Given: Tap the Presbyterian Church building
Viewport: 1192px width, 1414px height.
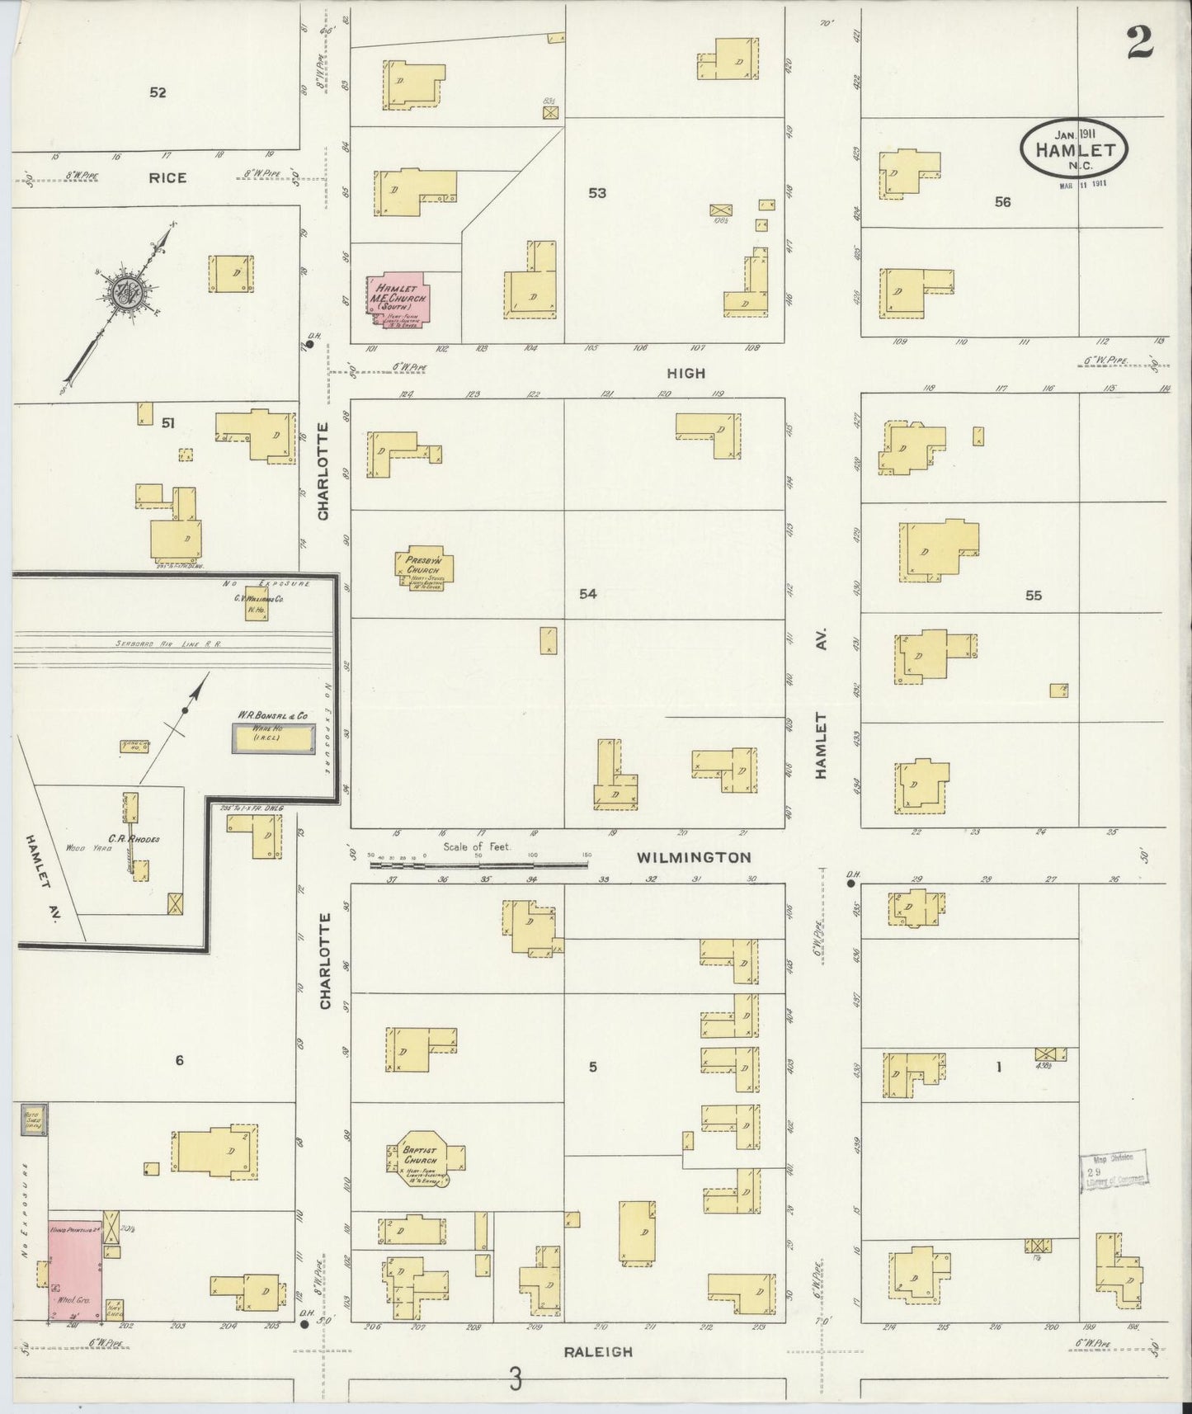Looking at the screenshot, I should click(423, 568).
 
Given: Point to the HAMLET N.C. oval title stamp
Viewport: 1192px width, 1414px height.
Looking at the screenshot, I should click(1074, 150).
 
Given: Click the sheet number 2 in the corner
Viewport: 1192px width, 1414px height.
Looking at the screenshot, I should click(1139, 42).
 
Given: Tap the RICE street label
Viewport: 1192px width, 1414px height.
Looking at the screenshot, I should click(167, 177).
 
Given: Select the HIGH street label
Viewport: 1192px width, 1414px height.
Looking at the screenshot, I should click(686, 373).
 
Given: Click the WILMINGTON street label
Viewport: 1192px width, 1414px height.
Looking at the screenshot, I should click(694, 857).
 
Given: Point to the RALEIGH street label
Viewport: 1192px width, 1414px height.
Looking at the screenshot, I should click(599, 1352).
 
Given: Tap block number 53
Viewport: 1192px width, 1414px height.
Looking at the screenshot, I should click(597, 193).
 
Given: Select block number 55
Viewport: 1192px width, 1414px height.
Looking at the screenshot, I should click(1033, 595).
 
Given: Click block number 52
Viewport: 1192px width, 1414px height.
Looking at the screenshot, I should click(158, 92).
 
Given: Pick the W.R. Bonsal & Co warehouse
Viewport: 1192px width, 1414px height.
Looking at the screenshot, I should click(273, 738).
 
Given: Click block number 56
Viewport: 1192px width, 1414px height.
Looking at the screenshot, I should click(1002, 201).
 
